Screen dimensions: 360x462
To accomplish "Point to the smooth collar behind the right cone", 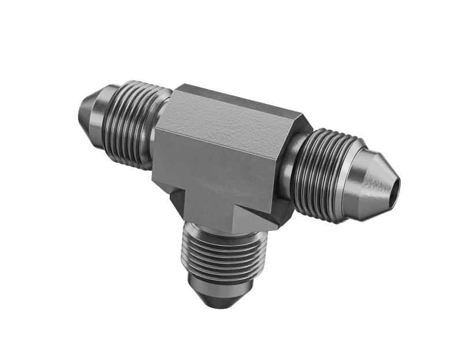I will click(x=353, y=173).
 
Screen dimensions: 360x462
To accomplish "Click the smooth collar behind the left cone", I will click(x=107, y=115).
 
